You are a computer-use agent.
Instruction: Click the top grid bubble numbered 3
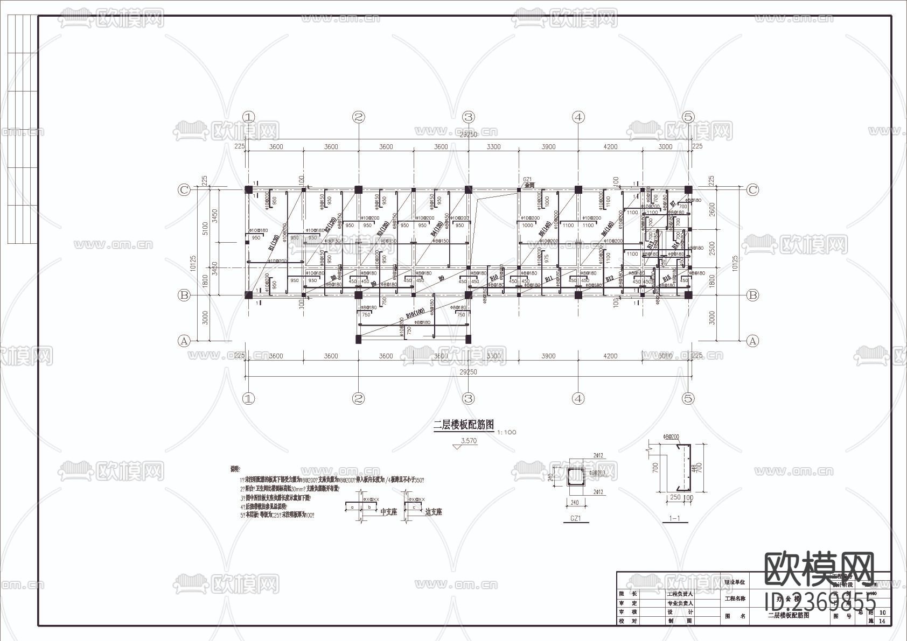click(468, 117)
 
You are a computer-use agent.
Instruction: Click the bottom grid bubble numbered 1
click(248, 399)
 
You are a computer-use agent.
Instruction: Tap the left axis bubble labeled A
click(184, 341)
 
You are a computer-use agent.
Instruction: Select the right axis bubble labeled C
click(752, 189)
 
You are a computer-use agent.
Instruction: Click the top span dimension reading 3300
click(493, 146)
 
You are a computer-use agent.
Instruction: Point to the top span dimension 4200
click(610, 146)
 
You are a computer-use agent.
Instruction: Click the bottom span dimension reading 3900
click(548, 356)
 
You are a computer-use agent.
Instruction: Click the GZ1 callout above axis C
click(527, 179)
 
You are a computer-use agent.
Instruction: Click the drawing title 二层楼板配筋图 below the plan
click(464, 425)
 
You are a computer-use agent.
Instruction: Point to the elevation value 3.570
click(469, 441)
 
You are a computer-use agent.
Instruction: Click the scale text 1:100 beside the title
click(506, 432)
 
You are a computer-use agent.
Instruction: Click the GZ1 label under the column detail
click(575, 519)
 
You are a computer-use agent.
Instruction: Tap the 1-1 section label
click(674, 519)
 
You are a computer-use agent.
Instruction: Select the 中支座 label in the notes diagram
click(388, 512)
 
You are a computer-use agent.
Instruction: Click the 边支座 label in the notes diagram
click(433, 512)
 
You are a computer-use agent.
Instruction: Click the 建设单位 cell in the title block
click(735, 582)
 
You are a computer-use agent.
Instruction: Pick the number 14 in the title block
click(882, 621)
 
